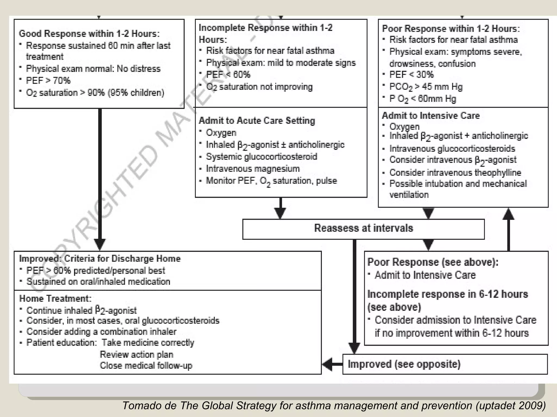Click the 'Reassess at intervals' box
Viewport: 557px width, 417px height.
(363, 229)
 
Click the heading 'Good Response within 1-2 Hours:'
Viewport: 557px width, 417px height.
(89, 34)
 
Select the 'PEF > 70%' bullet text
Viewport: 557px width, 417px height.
(48, 81)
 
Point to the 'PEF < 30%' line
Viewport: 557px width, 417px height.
(411, 74)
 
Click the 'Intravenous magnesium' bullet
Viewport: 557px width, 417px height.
(253, 169)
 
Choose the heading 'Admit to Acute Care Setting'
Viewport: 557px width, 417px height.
(257, 121)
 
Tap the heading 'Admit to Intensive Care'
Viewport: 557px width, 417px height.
(431, 116)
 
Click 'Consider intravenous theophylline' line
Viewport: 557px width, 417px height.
(455, 172)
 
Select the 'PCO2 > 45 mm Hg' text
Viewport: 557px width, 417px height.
(426, 87)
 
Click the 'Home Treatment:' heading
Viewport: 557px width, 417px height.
(55, 299)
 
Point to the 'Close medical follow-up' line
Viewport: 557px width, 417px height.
(146, 366)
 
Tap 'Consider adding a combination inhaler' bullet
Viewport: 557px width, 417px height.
(101, 332)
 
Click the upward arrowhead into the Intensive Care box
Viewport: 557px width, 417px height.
(508, 214)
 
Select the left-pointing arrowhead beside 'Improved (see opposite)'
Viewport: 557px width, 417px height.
(327, 364)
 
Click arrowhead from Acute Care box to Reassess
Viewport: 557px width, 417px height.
(280, 213)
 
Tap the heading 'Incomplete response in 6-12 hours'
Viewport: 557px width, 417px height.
(447, 294)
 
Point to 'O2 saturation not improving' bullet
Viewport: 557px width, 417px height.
(259, 87)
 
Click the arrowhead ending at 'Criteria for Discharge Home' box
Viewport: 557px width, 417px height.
(100, 244)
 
